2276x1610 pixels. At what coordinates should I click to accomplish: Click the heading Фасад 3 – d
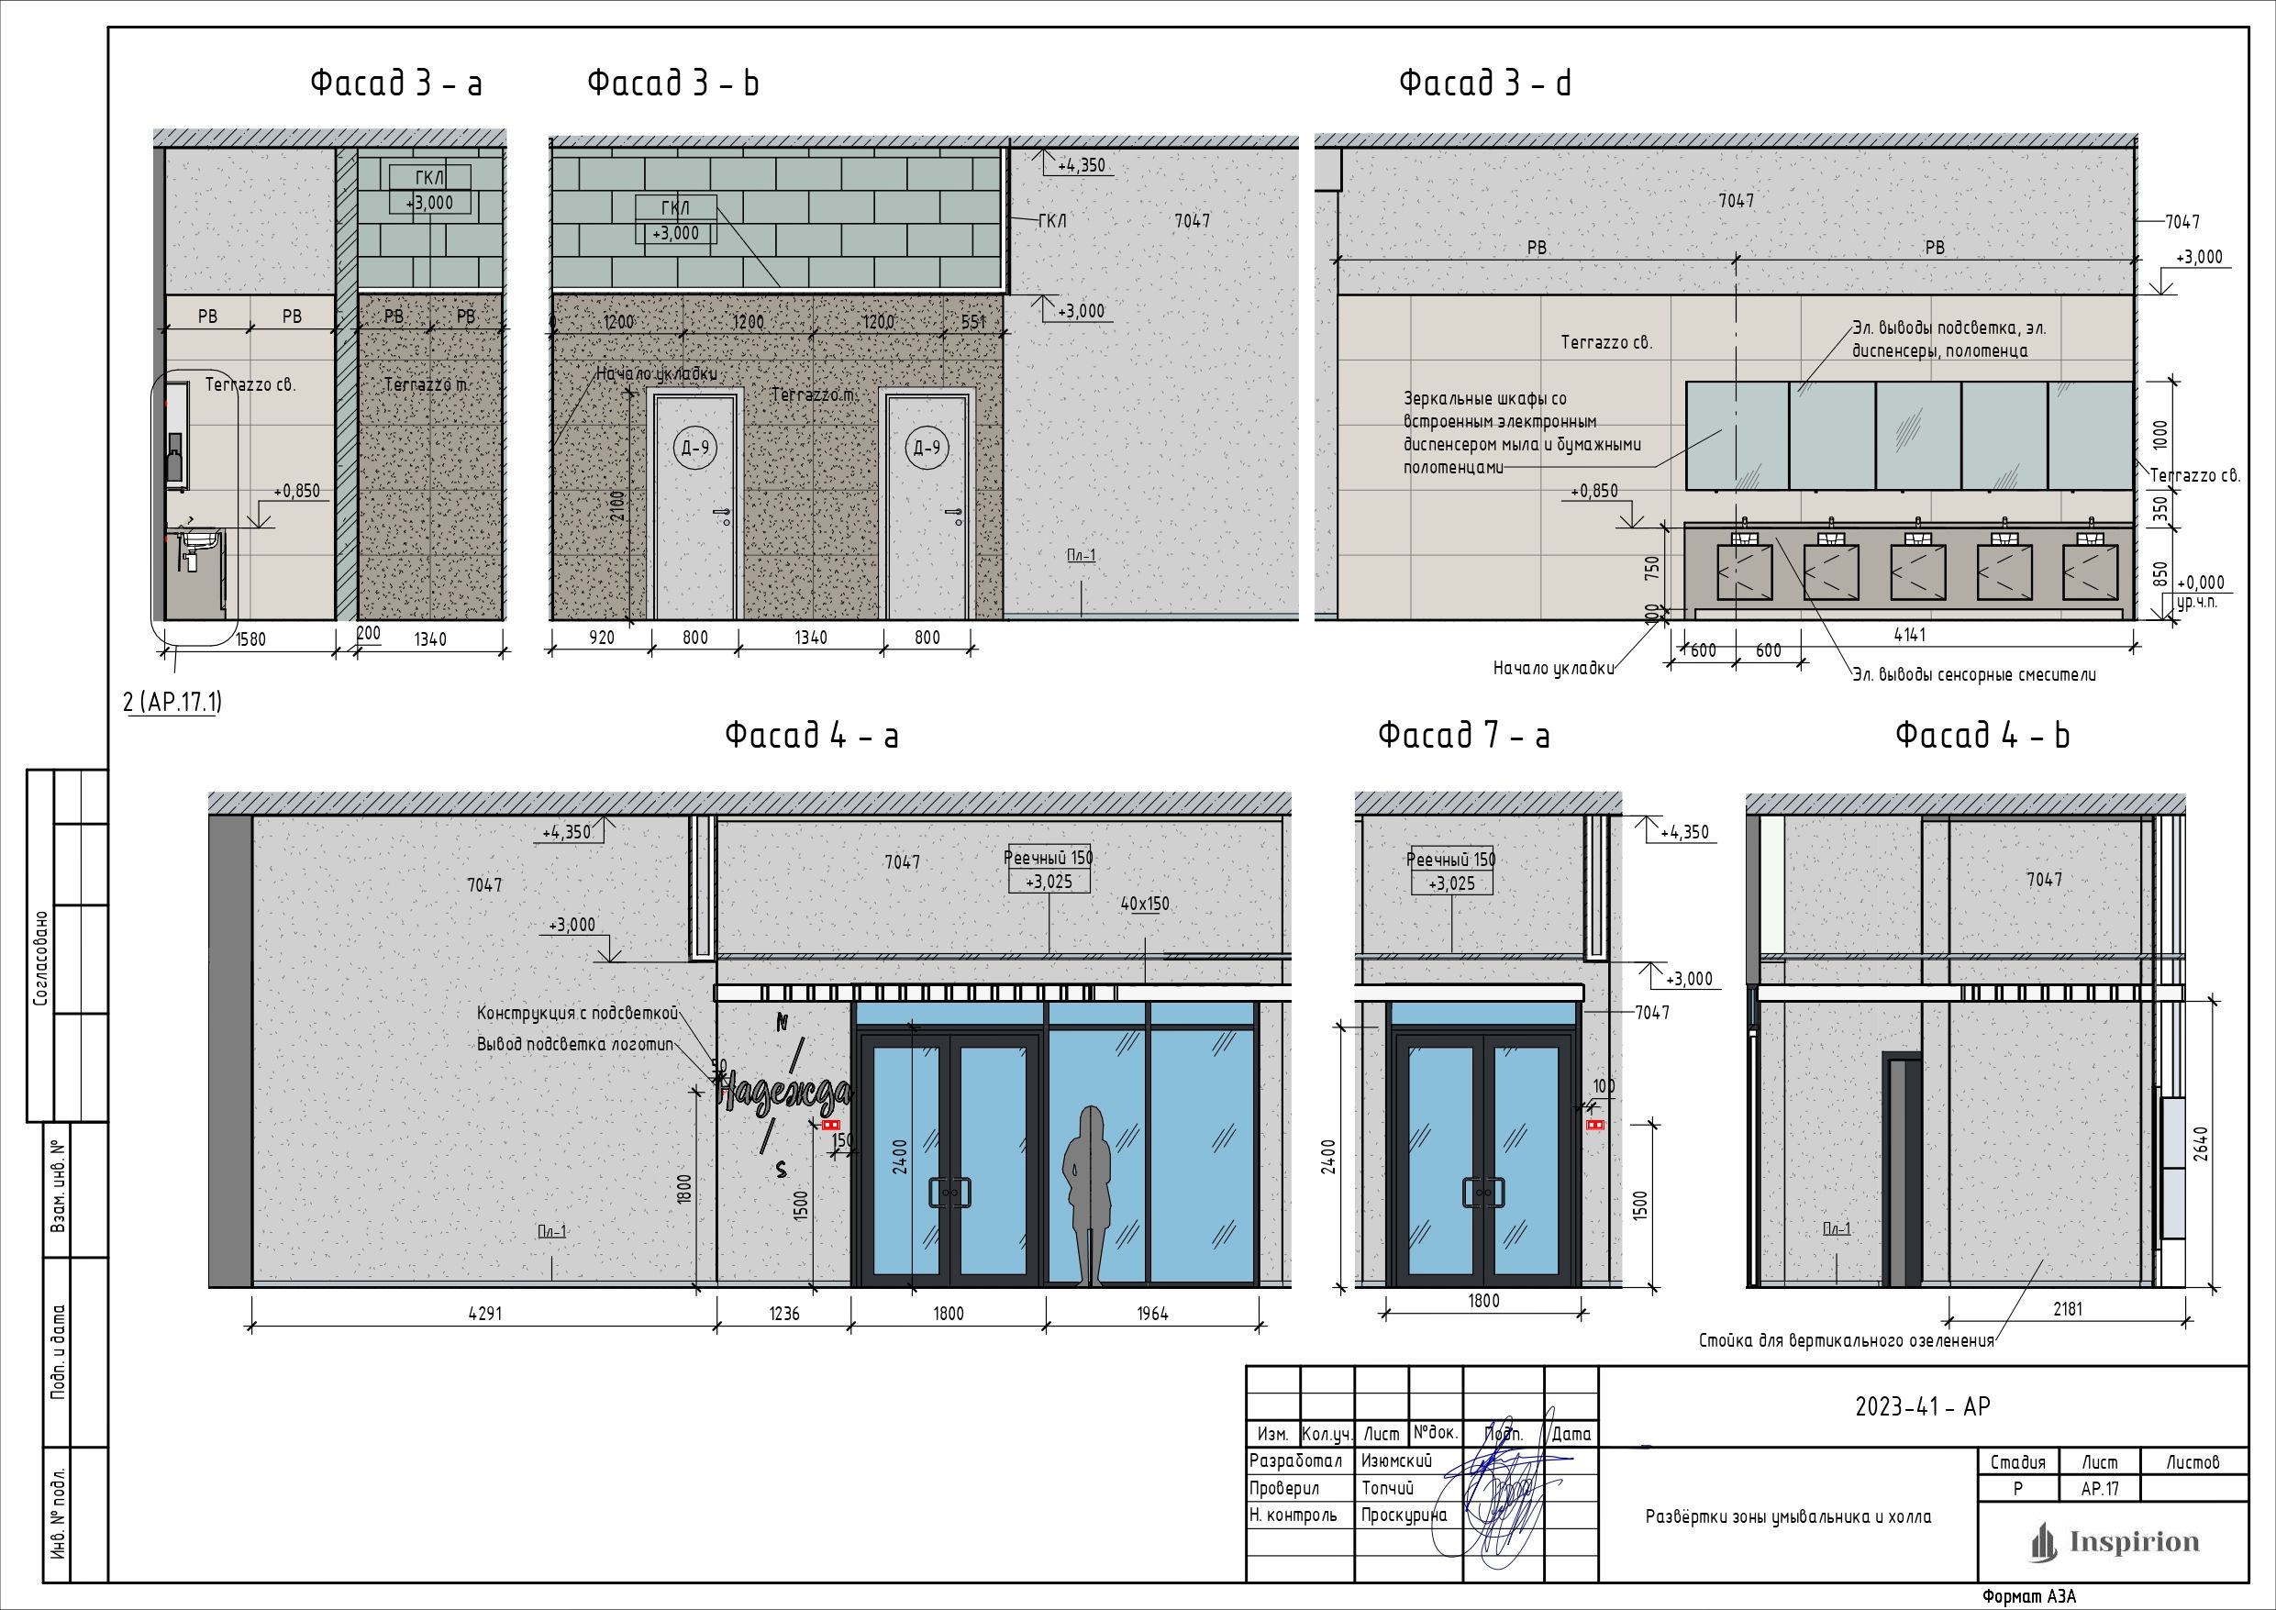point(1485,83)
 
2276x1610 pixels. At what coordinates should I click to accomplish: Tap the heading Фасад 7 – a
point(1464,736)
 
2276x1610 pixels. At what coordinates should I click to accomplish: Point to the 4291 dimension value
point(484,1314)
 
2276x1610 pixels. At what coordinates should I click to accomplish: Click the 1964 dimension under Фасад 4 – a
point(1152,1314)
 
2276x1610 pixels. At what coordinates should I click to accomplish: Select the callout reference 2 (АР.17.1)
point(172,702)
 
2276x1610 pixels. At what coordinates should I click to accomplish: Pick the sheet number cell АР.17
point(2100,1489)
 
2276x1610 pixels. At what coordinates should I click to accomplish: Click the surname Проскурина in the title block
point(1404,1515)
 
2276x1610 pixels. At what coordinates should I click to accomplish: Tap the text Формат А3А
point(2028,1597)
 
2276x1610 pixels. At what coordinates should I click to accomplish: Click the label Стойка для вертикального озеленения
point(1846,1341)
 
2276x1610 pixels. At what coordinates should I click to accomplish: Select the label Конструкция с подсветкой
point(577,1013)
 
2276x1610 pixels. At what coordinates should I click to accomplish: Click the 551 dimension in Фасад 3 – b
point(974,321)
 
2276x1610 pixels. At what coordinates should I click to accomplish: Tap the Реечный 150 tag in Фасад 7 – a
point(1451,860)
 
